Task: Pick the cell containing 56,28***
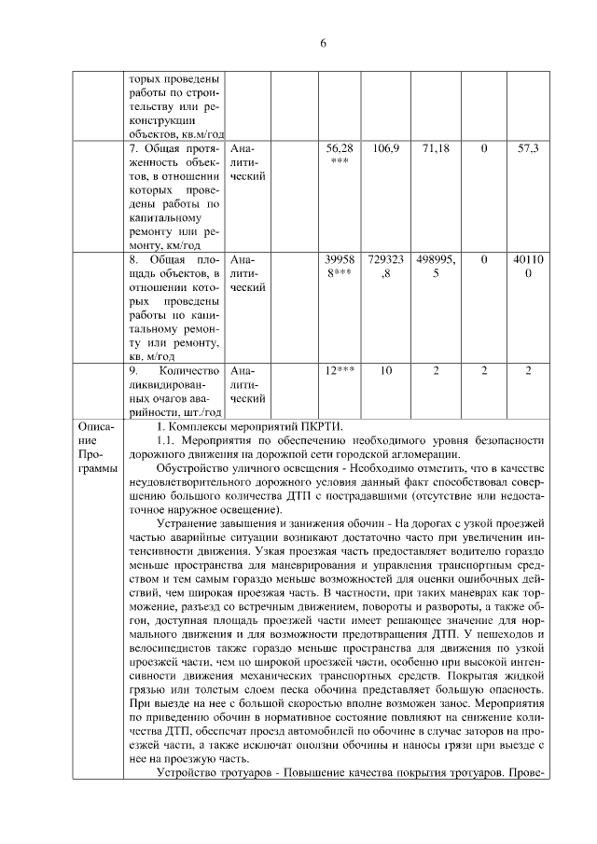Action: coord(339,155)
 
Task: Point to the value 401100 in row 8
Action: coord(528,266)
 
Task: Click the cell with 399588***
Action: coord(339,266)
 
